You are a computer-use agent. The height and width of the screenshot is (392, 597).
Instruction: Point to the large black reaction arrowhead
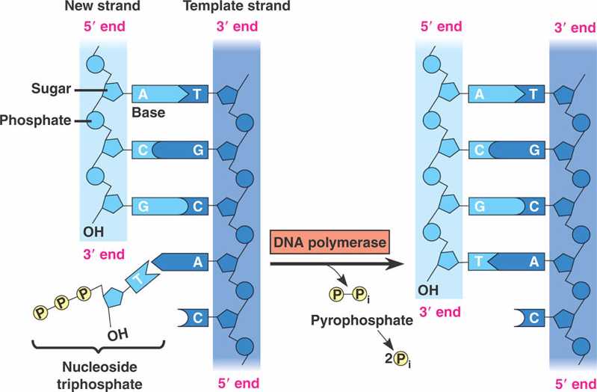click(x=396, y=263)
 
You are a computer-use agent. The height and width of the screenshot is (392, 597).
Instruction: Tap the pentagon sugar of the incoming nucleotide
click(x=115, y=298)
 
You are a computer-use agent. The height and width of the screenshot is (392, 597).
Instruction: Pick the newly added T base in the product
click(x=481, y=261)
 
